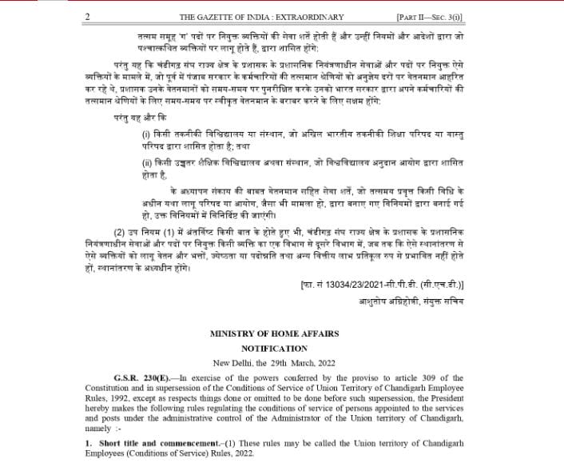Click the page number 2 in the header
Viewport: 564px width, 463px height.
coord(87,17)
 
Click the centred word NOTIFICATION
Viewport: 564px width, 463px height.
coord(274,349)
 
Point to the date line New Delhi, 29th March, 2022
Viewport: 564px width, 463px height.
coord(274,364)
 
